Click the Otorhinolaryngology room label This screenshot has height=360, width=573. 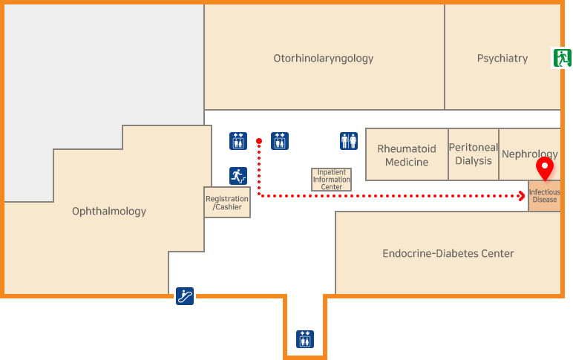tap(323, 58)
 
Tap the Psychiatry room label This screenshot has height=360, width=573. tap(502, 58)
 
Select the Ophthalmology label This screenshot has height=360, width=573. tap(109, 212)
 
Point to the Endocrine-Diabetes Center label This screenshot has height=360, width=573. tap(448, 254)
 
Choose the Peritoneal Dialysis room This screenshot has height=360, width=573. tap(473, 154)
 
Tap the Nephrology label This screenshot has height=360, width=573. tap(529, 154)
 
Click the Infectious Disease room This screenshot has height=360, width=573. tap(544, 196)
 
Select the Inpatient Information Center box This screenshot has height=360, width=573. tap(331, 180)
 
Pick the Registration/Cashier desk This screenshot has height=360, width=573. tap(227, 202)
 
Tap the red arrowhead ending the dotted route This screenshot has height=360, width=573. tap(523, 196)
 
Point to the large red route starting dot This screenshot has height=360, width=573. tap(258, 141)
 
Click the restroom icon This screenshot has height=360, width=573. tap(349, 140)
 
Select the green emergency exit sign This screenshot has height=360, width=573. tap(561, 58)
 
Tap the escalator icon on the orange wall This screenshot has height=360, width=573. tap(185, 296)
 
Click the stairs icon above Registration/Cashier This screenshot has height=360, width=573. tap(238, 176)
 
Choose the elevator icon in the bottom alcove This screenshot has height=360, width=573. tap(305, 338)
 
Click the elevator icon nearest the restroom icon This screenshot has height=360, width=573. tap(280, 140)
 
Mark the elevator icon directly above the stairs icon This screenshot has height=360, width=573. tap(238, 140)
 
